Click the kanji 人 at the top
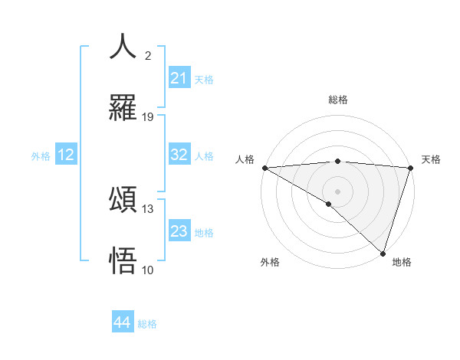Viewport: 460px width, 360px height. pyautogui.click(x=123, y=46)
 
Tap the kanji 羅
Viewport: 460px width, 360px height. pyautogui.click(x=123, y=109)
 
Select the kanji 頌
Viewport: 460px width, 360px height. pyautogui.click(x=123, y=200)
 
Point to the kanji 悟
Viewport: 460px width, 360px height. pyautogui.click(x=123, y=260)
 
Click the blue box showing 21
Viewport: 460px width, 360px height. pyautogui.click(x=179, y=78)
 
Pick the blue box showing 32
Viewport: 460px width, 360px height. pyautogui.click(x=179, y=155)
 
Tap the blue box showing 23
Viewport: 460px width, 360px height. pyautogui.click(x=179, y=231)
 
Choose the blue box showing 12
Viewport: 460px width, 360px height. pyautogui.click(x=66, y=155)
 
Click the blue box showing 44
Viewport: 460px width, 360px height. pyautogui.click(x=122, y=322)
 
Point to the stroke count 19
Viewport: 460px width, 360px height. pyautogui.click(x=148, y=116)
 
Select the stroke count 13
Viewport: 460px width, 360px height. pyautogui.click(x=148, y=208)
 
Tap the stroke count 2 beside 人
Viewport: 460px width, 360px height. pyautogui.click(x=148, y=55)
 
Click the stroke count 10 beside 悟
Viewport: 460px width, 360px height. pyautogui.click(x=148, y=269)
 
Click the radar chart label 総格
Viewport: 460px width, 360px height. pyautogui.click(x=338, y=100)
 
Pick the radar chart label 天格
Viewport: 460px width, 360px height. pyautogui.click(x=431, y=159)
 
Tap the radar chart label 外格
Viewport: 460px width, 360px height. pyautogui.click(x=270, y=262)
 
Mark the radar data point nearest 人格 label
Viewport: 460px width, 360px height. pyautogui.click(x=264, y=168)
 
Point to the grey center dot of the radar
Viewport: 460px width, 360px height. pyautogui.click(x=337, y=191)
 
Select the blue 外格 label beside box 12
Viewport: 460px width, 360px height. pyautogui.click(x=41, y=155)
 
